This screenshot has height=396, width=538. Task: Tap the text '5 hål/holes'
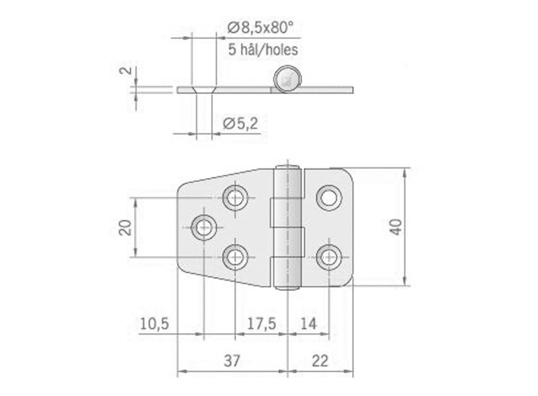tap(263, 49)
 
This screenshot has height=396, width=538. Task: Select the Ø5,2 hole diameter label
tap(240, 123)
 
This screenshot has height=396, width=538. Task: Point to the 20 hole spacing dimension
tap(126, 227)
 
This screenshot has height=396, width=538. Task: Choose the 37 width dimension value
tap(232, 360)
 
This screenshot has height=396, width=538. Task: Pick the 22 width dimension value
tap(320, 360)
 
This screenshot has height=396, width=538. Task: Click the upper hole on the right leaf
tap(328, 197)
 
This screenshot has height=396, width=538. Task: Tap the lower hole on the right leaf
tap(328, 257)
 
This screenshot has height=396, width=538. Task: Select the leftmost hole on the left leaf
tap(203, 227)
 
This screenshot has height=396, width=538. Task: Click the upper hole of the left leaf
tap(235, 197)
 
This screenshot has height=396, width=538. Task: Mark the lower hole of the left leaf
tap(235, 257)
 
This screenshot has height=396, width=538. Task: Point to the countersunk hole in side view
tap(204, 90)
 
